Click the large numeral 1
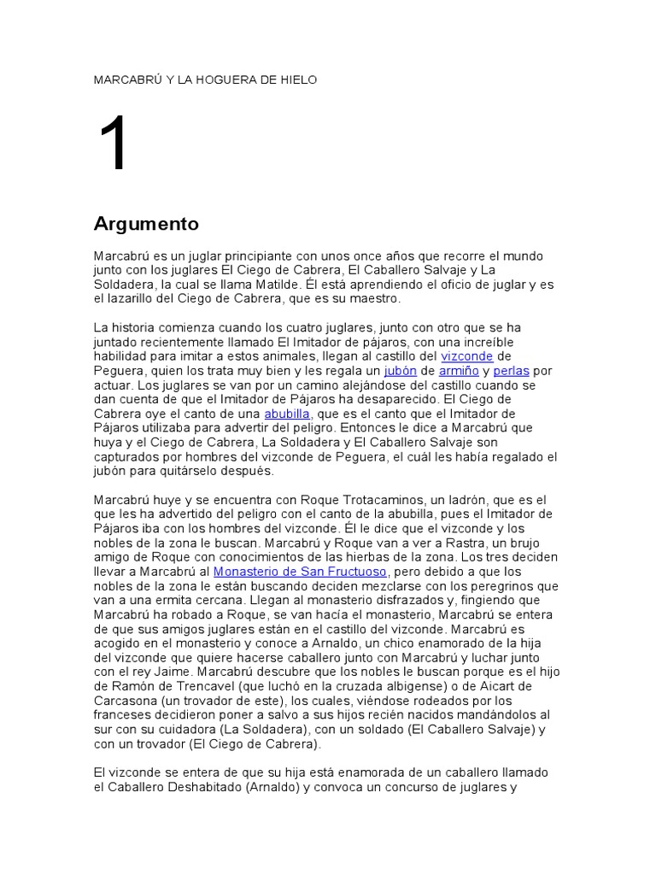pos(114,144)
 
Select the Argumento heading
pos(146,225)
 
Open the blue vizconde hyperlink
pos(466,356)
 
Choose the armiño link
pos(459,371)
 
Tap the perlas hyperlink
pos(512,371)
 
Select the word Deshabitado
pos(196,787)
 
